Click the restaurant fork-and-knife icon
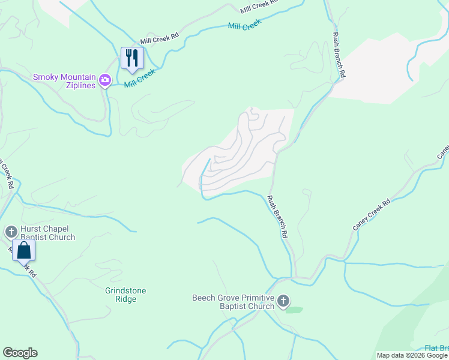(x=132, y=58)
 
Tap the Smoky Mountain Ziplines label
(x=64, y=81)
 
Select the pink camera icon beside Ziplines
(x=105, y=80)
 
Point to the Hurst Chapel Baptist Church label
(x=48, y=233)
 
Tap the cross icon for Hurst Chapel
(x=11, y=232)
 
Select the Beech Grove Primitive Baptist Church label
(x=233, y=302)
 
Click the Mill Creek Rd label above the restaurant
(x=160, y=38)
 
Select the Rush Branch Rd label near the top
(x=339, y=56)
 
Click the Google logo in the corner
(x=20, y=353)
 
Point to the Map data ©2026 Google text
(x=412, y=355)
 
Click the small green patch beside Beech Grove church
(x=294, y=310)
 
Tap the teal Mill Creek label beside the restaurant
(x=140, y=78)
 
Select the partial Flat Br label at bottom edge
(x=436, y=349)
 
